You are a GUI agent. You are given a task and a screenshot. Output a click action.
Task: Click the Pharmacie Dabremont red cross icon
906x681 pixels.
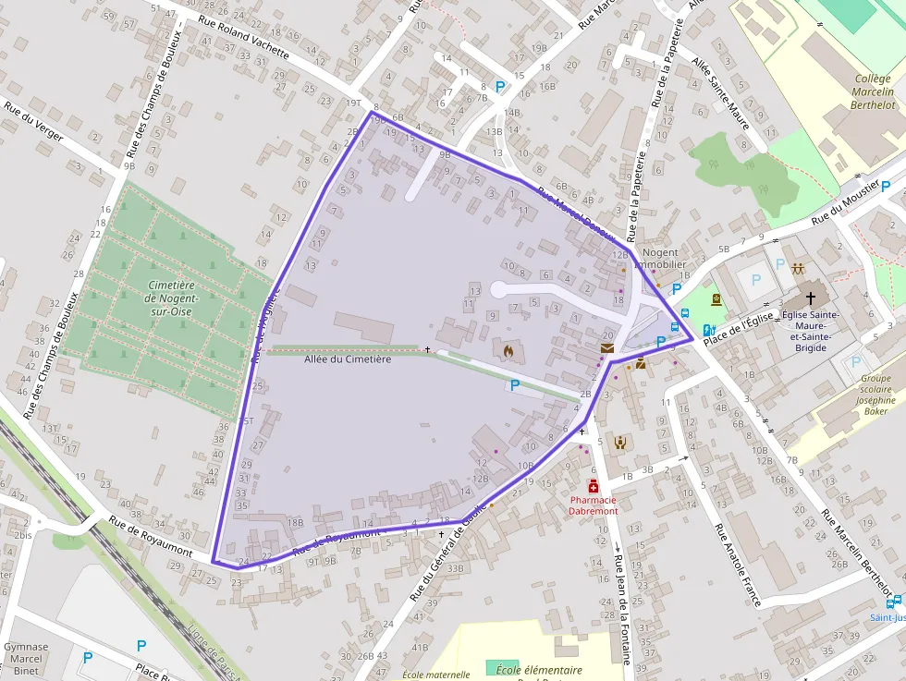pos(593,487)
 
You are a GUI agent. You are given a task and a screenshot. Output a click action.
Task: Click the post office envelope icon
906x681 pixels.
pos(606,348)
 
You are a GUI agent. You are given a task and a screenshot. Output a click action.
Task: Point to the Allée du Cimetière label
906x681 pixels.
pos(348,359)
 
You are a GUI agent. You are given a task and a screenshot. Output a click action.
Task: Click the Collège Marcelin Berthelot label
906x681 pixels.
pos(875,92)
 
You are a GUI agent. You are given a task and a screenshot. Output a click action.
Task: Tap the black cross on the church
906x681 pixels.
pos(812,298)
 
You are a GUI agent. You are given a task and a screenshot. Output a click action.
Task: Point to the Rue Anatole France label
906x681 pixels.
pos(739,565)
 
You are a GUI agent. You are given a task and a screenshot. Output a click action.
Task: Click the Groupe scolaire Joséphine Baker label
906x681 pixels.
pos(876,395)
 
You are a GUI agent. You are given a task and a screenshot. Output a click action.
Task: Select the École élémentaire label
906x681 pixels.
pos(539,670)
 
